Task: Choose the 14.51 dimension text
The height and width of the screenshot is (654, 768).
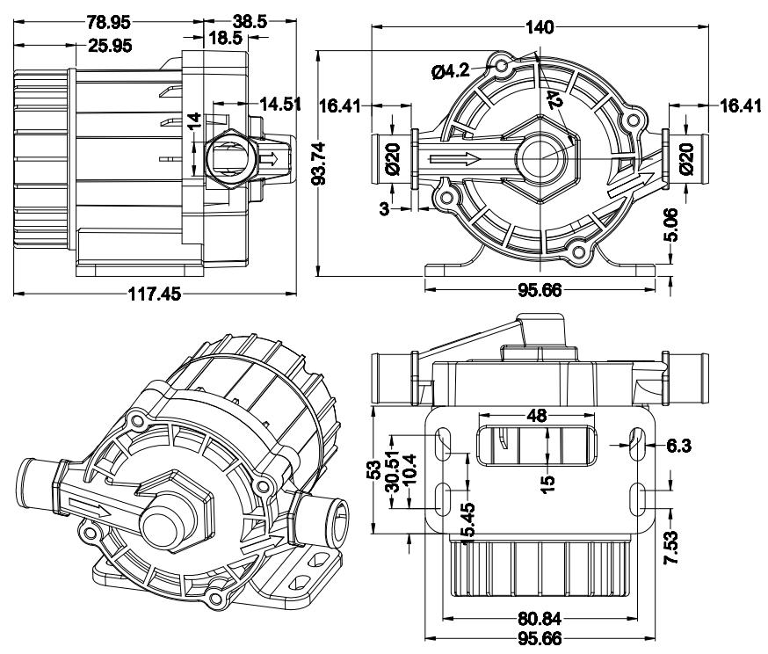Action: [x=280, y=104]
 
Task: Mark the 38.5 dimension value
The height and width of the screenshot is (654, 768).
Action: [x=248, y=20]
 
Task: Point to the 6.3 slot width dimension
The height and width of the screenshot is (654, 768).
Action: [x=678, y=446]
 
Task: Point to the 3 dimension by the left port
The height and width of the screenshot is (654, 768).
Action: [x=384, y=207]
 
